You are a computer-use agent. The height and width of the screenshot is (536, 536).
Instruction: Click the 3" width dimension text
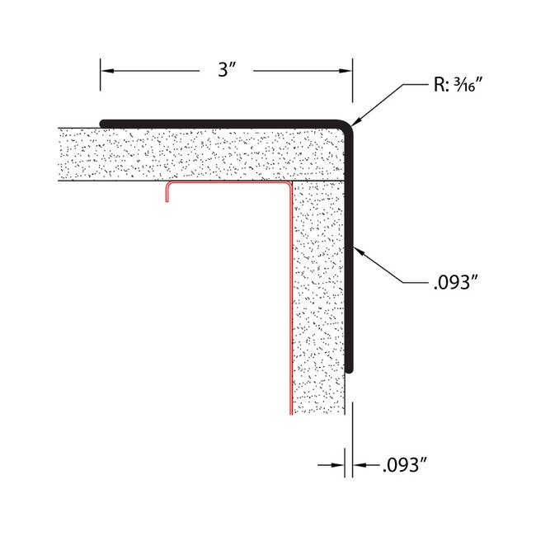[228, 70]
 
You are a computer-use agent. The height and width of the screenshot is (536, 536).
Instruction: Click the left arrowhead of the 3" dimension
[105, 70]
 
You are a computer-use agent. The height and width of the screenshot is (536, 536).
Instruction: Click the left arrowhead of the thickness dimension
[341, 465]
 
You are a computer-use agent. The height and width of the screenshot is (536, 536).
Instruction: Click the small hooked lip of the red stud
[167, 191]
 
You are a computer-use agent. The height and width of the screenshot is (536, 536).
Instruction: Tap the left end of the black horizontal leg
[102, 123]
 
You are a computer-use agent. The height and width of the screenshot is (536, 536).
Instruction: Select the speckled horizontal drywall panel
[198, 153]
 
